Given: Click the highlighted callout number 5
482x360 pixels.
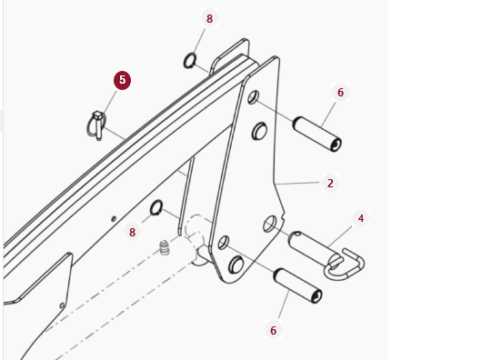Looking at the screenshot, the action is (123, 80).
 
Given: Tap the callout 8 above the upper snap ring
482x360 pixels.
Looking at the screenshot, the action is (209, 18).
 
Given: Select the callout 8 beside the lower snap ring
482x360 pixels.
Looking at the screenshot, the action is (132, 232).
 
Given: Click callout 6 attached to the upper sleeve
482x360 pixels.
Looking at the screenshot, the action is (340, 92).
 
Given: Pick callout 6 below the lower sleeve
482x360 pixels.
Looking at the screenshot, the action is (273, 331).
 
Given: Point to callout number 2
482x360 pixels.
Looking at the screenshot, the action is (330, 183).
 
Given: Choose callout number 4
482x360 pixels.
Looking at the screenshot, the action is (361, 218).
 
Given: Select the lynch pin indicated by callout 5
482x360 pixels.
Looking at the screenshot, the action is (97, 126).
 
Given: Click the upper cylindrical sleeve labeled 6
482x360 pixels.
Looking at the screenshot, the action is (316, 135).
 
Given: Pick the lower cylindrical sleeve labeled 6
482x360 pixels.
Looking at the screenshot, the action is (298, 285).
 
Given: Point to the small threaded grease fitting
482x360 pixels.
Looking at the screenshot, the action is (165, 247).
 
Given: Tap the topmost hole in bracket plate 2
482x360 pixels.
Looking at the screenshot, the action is (254, 97).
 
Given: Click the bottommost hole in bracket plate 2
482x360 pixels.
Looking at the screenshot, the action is (236, 265).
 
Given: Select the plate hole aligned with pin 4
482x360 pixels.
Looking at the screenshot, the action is (270, 224).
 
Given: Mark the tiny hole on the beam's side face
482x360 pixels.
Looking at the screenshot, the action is (114, 219).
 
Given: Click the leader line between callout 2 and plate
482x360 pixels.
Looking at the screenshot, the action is (297, 184).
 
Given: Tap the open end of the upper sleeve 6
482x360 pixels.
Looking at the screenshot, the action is (336, 145).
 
